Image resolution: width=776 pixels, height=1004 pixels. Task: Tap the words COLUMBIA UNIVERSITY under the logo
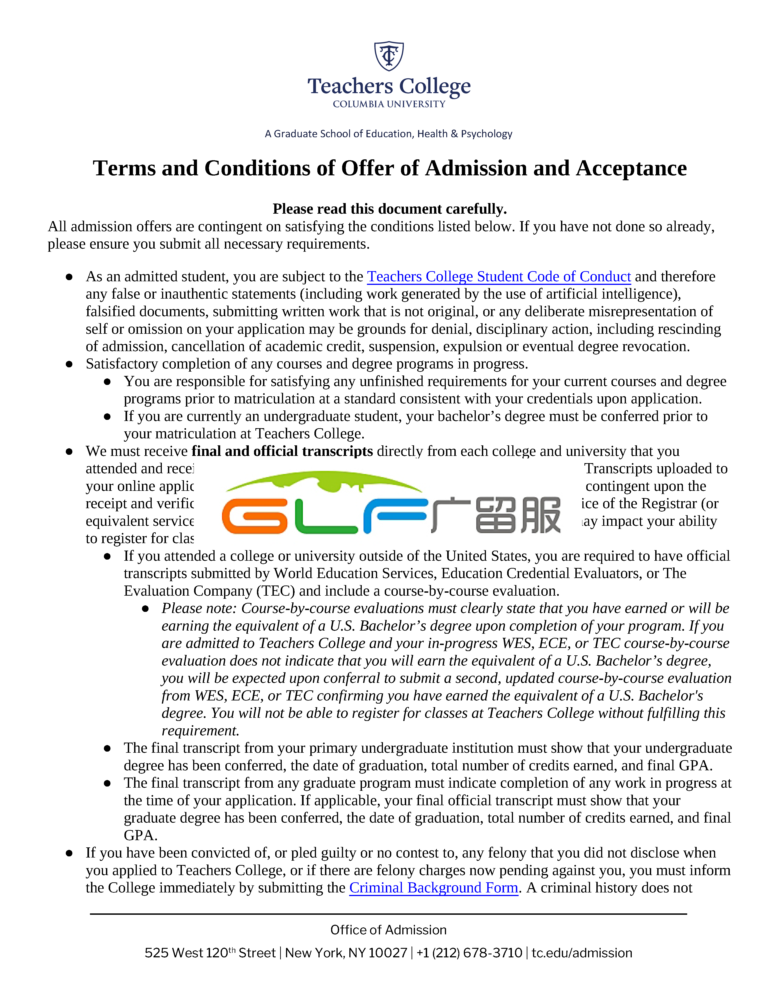[x=389, y=104]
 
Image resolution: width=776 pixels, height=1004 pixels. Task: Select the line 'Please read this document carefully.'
[x=389, y=209]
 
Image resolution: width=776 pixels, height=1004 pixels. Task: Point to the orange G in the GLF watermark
[x=254, y=516]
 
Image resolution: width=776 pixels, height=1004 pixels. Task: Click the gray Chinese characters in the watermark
[x=497, y=515]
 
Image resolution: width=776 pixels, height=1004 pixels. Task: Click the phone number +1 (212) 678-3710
[x=469, y=953]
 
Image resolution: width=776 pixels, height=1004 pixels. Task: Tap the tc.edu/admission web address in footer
[x=581, y=953]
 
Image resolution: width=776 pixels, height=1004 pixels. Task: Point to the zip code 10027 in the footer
[x=387, y=953]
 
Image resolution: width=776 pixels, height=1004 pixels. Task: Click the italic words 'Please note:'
[x=199, y=609]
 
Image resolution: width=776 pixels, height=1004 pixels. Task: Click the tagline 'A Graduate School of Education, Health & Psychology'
[x=389, y=134]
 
